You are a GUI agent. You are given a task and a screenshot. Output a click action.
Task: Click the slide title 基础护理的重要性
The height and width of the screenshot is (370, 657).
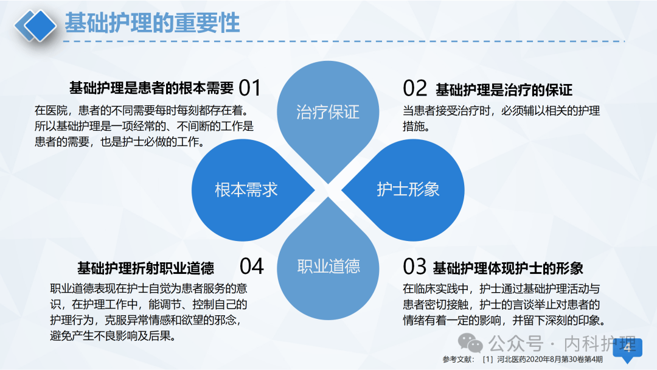152,23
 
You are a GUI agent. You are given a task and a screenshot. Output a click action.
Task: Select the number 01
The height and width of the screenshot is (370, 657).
249,88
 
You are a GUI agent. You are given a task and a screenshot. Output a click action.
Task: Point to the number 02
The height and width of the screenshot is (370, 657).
415,89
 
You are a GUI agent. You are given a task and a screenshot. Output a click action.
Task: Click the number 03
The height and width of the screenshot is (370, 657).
415,267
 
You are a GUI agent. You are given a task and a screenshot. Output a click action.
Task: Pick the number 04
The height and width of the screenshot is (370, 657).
251,266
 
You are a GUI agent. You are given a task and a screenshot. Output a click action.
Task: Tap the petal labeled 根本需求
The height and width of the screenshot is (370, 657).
246,189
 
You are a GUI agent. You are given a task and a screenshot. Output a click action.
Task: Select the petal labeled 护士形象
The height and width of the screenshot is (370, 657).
408,189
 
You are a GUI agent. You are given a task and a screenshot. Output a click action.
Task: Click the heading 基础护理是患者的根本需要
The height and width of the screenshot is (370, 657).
151,88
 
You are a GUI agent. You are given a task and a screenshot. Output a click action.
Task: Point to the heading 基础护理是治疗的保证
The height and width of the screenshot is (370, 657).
504,90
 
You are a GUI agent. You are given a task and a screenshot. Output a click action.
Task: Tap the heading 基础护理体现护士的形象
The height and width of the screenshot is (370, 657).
508,268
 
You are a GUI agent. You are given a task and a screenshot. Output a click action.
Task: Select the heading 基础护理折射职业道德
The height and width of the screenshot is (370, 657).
145,268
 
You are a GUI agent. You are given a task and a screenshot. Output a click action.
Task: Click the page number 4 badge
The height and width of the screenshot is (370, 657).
627,349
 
